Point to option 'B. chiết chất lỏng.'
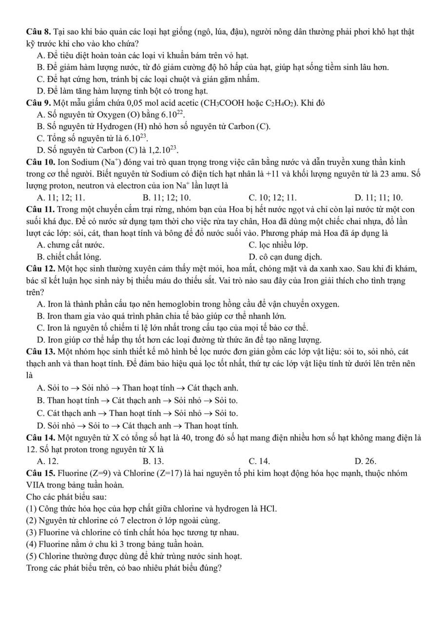(69, 256)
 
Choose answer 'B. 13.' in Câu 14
(153, 461)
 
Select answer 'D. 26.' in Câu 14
(366, 461)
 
